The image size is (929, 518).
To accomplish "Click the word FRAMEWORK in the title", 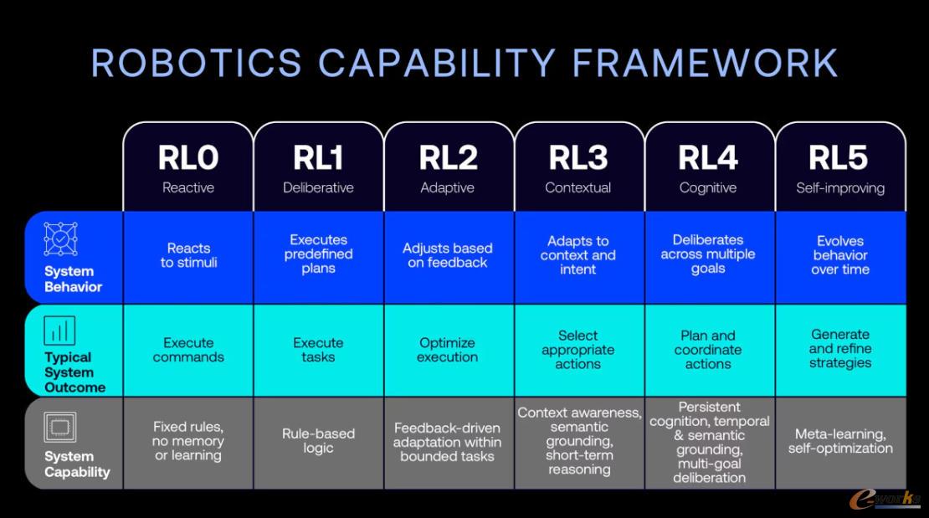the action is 705,63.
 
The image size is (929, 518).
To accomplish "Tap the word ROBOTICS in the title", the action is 197,63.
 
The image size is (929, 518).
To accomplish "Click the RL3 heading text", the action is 578,157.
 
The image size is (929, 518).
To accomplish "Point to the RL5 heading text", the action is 839,157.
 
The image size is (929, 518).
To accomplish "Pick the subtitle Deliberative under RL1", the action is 318,188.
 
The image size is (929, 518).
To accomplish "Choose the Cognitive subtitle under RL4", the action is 708,188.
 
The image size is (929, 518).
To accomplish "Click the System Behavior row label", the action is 73,280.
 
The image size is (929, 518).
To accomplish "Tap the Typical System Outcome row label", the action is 74,372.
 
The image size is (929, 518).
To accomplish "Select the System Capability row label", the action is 77,464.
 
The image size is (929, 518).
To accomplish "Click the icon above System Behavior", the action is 60,238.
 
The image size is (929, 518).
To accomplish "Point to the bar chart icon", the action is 59,331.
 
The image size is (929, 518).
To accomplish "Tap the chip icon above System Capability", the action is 59,427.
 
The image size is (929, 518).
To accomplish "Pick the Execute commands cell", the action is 188,350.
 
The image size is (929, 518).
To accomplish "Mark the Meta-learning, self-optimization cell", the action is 840,441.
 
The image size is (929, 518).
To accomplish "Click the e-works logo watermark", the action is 885,499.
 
